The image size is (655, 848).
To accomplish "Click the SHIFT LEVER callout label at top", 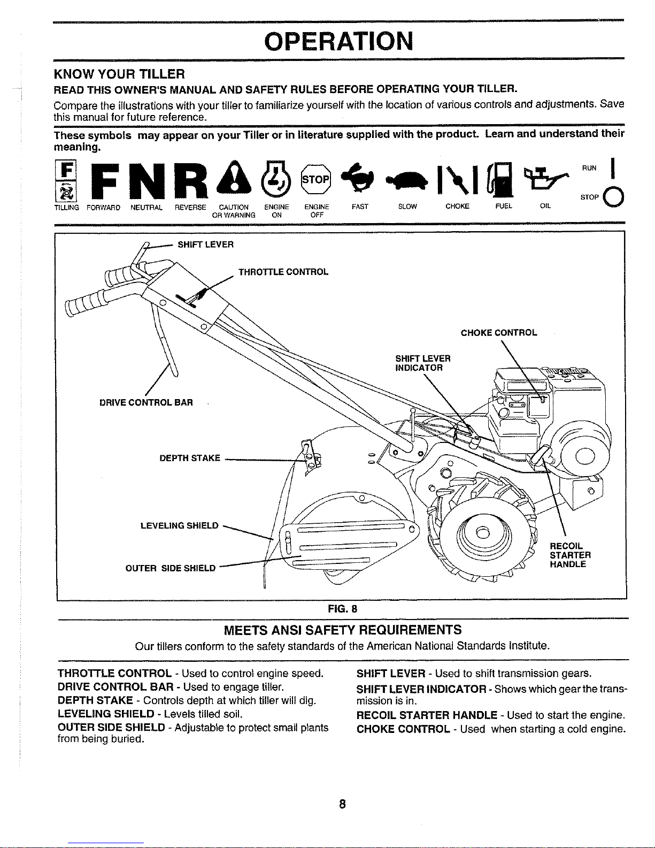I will coord(205,245).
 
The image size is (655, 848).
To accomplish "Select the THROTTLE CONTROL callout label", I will coord(283,272).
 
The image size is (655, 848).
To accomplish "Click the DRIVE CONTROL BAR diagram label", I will coord(146,402).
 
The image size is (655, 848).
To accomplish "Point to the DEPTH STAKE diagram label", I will coord(190,458).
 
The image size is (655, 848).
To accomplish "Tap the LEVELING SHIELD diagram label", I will coord(179,525).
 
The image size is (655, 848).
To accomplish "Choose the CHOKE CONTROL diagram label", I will coord(499,333).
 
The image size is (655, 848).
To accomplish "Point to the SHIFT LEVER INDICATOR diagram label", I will coord(422,363).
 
